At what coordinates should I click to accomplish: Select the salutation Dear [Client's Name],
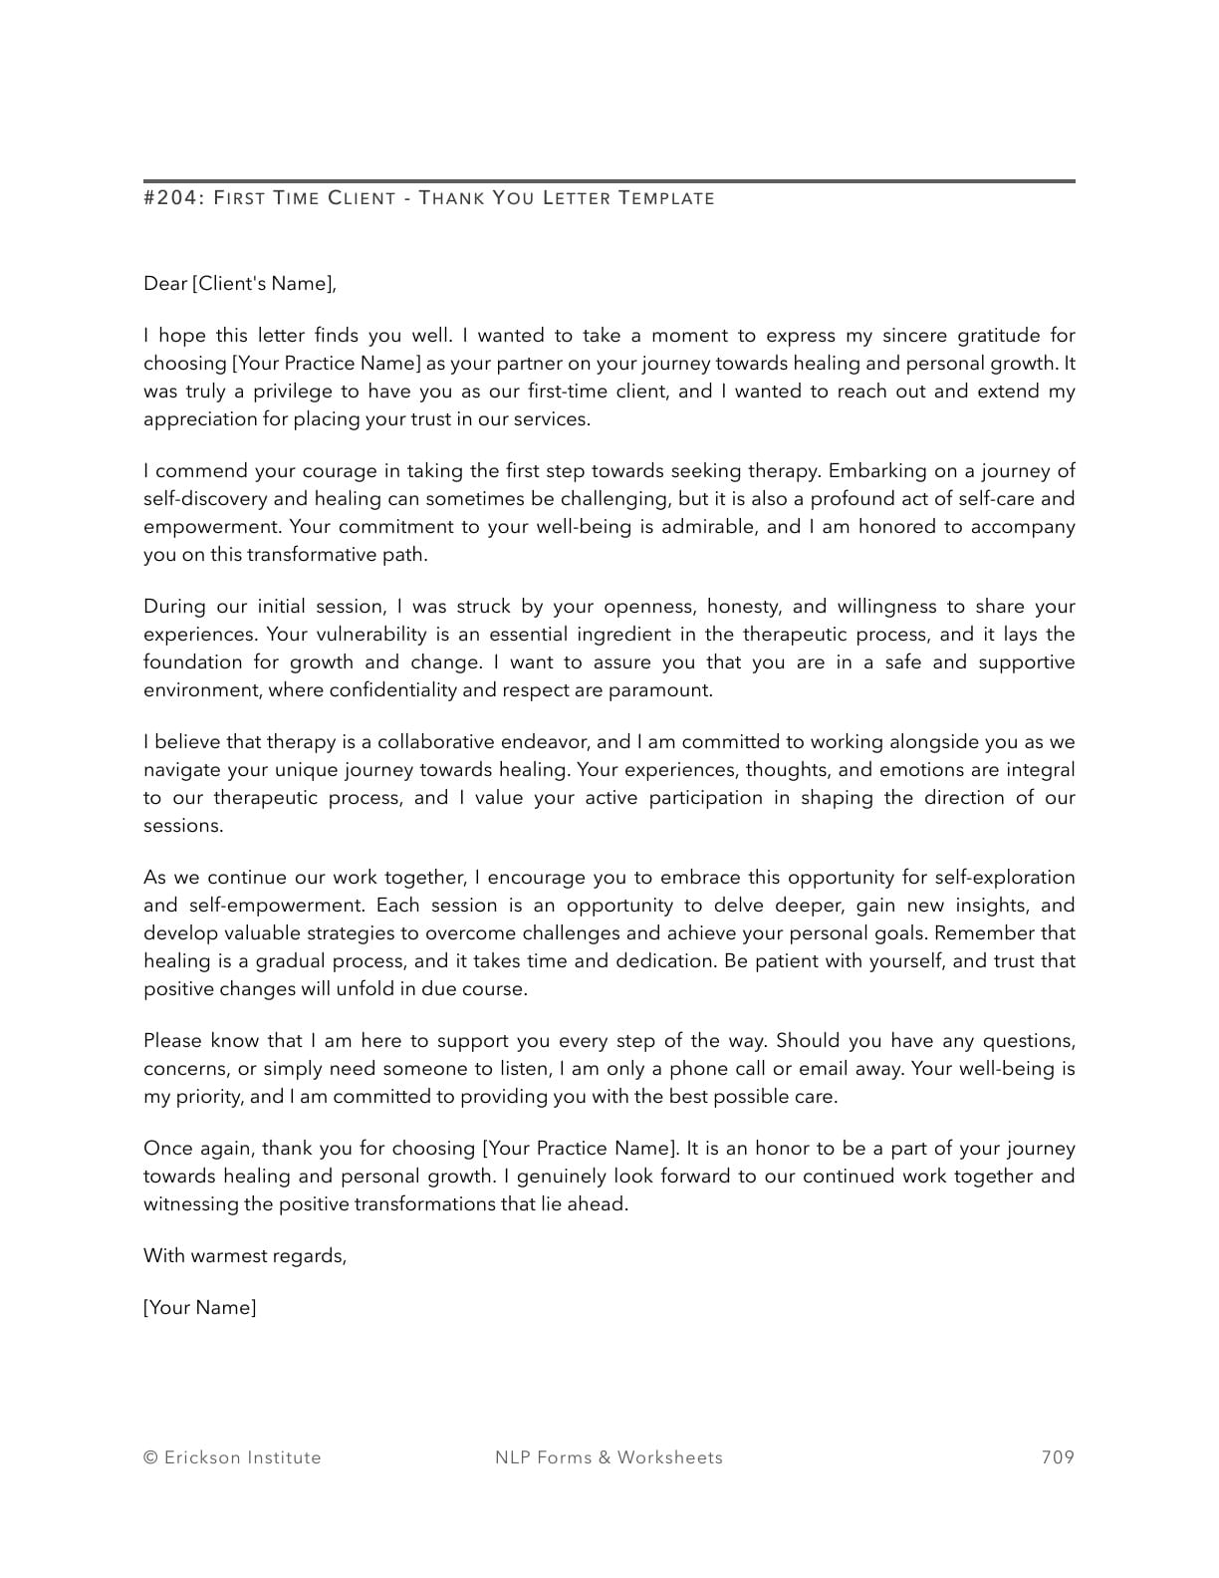tap(240, 284)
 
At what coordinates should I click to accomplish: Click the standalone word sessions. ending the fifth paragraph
tap(183, 826)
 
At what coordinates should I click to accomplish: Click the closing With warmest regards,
tap(245, 1256)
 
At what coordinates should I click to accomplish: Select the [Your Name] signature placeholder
tap(199, 1308)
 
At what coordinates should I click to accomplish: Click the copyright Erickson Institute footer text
tap(232, 1457)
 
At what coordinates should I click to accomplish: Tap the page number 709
tap(1058, 1457)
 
